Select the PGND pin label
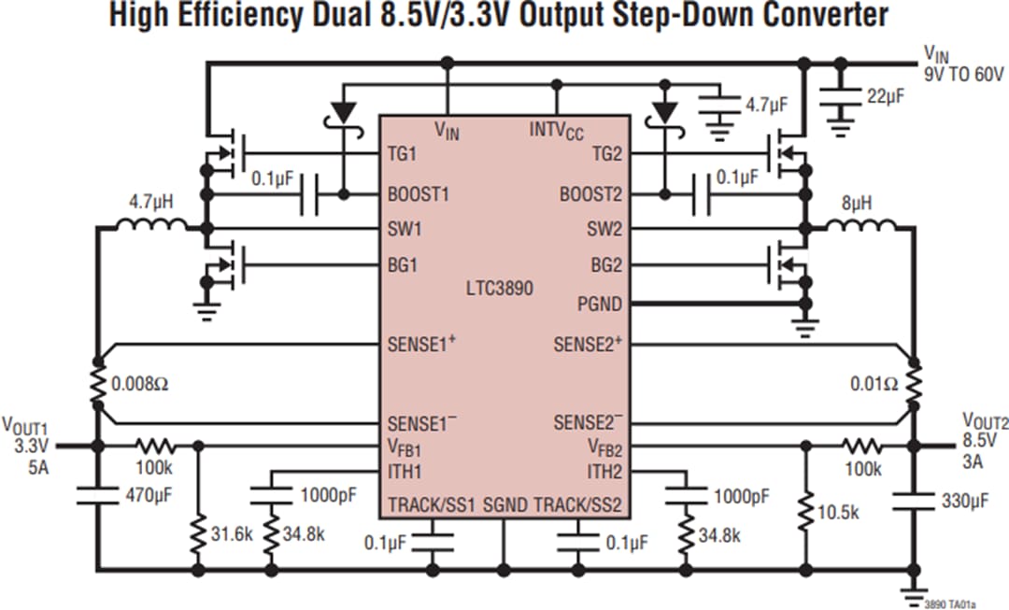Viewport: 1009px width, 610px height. click(600, 305)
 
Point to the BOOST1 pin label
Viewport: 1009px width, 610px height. click(418, 195)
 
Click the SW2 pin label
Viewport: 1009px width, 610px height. click(604, 229)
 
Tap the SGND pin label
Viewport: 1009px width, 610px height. click(504, 505)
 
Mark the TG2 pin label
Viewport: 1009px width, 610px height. click(606, 153)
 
